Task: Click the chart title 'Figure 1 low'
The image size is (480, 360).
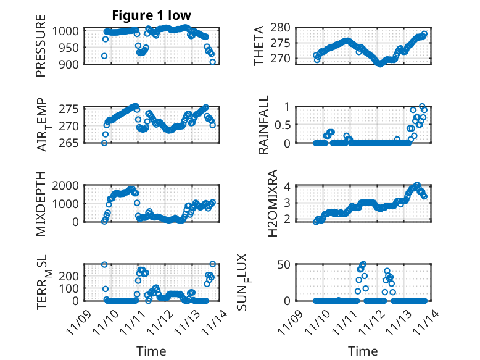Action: pyautogui.click(x=151, y=15)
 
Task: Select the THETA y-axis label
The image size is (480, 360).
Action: pyautogui.click(x=259, y=46)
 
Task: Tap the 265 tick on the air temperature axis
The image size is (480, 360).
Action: pyautogui.click(x=69, y=143)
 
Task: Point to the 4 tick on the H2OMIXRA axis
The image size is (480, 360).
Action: pyautogui.click(x=286, y=186)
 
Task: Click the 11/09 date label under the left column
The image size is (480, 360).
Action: pyautogui.click(x=80, y=319)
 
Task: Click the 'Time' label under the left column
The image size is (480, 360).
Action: pyautogui.click(x=151, y=351)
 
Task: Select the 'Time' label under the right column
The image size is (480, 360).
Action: pyautogui.click(x=363, y=351)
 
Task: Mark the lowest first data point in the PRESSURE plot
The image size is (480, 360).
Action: pyautogui.click(x=104, y=56)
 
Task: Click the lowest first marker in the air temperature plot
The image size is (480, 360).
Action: pyautogui.click(x=104, y=143)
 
